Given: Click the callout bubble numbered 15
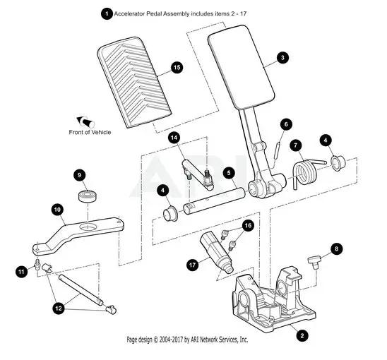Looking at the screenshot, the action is (x=177, y=67).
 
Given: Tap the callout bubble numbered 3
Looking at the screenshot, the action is (x=282, y=58).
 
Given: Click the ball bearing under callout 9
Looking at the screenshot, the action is (x=87, y=196).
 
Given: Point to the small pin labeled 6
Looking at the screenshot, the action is (x=277, y=150).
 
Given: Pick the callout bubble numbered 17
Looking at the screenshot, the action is (x=193, y=265).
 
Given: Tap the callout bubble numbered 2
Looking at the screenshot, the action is (x=302, y=335).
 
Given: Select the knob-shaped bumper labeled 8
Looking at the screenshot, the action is (x=314, y=262).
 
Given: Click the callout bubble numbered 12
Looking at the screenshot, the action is (x=59, y=308).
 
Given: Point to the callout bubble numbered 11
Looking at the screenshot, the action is (x=21, y=272).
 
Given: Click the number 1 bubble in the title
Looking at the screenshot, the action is (x=107, y=13).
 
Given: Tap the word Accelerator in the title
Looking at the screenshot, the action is (x=129, y=14).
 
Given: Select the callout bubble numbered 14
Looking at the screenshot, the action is (x=174, y=138).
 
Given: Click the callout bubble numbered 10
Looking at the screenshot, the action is (x=57, y=210).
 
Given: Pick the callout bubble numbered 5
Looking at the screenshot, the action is (x=229, y=173).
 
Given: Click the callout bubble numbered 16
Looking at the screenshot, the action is (x=249, y=225).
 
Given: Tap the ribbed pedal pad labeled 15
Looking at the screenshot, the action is (x=134, y=83).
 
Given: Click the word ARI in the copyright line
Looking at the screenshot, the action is (x=196, y=340).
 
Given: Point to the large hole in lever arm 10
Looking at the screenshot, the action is (x=87, y=227).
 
